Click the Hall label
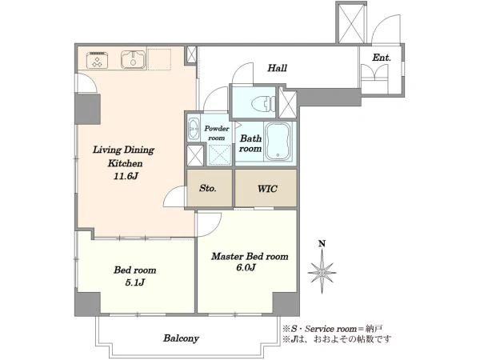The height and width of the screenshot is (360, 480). click(x=278, y=68)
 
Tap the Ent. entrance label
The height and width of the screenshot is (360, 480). click(x=382, y=58)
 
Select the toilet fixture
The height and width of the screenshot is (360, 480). click(x=263, y=103)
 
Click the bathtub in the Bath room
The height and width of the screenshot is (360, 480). click(x=278, y=142)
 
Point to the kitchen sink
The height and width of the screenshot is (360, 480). click(x=133, y=59)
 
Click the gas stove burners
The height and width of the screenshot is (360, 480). click(x=98, y=60)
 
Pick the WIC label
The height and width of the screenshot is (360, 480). click(x=267, y=189)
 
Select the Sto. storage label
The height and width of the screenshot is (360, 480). click(x=208, y=188)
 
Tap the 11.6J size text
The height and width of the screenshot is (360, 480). click(x=126, y=176)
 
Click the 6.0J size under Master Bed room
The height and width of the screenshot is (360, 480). click(x=246, y=267)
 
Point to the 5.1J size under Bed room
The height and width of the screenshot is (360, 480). click(x=134, y=282)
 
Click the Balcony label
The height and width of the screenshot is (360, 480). click(x=182, y=338)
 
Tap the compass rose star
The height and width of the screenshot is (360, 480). click(x=322, y=272)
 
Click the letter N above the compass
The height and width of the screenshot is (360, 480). click(x=322, y=244)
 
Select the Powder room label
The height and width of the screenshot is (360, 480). click(x=217, y=133)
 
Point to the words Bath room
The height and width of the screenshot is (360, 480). click(x=250, y=143)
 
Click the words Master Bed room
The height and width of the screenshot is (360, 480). click(x=250, y=256)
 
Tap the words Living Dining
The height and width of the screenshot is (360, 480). click(x=123, y=150)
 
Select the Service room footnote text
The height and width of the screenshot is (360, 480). click(x=333, y=329)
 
